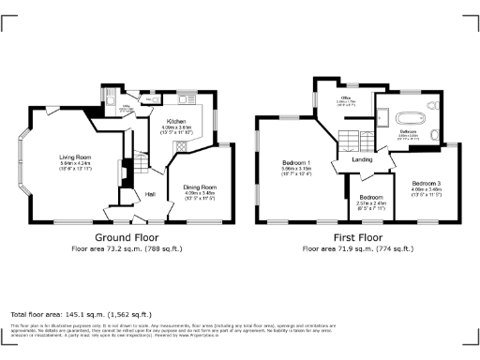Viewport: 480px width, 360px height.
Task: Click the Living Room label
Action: (x=75, y=157)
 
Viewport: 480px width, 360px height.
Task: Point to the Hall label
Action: (x=150, y=194)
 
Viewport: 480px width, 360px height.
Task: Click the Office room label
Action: (x=345, y=97)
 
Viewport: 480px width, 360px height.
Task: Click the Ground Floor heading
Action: (x=127, y=237)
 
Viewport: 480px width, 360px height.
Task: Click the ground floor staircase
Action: (x=139, y=167)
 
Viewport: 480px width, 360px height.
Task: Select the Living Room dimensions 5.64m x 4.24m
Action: (x=75, y=164)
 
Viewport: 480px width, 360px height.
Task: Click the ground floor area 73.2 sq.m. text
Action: (x=127, y=249)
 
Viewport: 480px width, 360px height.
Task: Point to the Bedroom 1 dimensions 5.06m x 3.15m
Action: (x=297, y=170)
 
